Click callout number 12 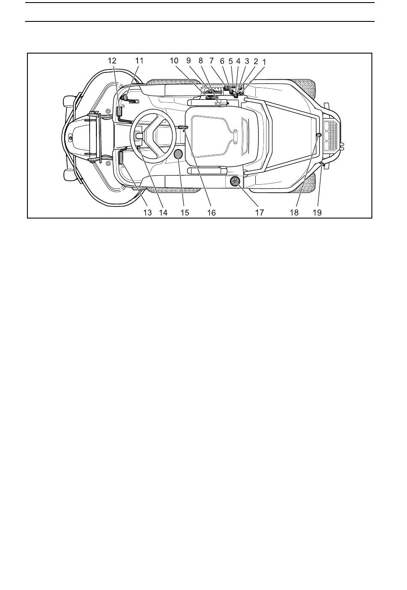click(x=112, y=60)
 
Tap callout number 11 click(x=139, y=60)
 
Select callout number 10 click(x=174, y=60)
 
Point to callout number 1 click(x=264, y=62)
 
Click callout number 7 click(x=211, y=60)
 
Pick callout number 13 click(x=147, y=212)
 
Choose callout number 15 click(x=185, y=212)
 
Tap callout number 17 click(x=259, y=212)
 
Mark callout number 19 click(x=317, y=212)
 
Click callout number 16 click(x=211, y=212)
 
